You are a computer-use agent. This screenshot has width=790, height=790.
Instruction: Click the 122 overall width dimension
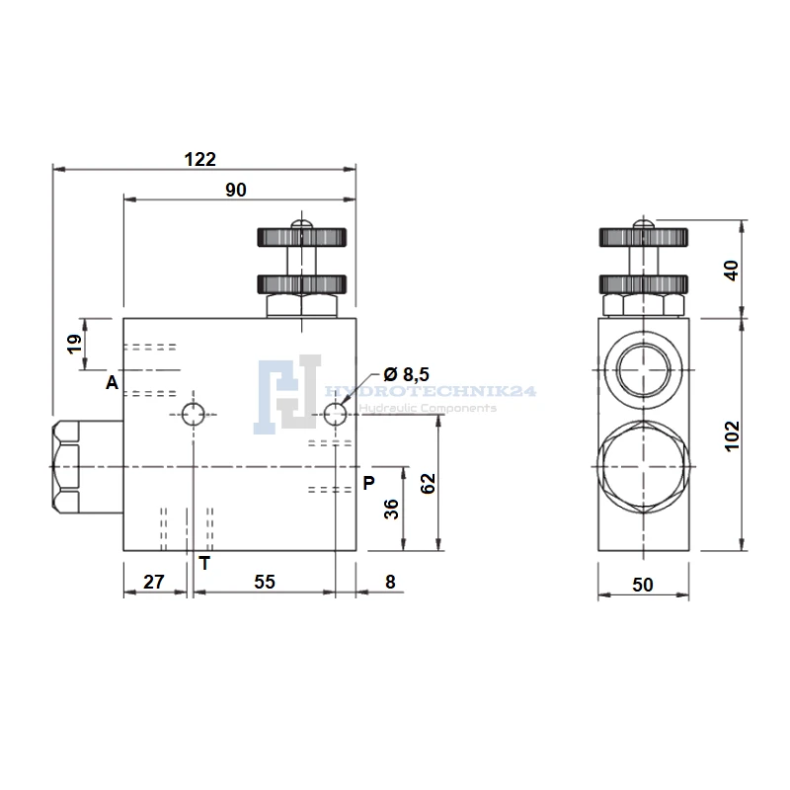200,159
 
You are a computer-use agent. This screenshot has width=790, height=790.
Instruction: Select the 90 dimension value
236,190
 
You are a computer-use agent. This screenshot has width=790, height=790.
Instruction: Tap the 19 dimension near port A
75,344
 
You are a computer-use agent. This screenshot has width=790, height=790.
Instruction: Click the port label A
112,383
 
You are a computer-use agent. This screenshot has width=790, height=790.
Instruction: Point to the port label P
368,483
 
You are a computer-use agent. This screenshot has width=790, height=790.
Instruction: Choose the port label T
204,563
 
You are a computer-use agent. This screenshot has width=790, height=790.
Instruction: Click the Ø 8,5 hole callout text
406,374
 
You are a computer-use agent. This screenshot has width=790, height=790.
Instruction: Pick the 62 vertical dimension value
428,484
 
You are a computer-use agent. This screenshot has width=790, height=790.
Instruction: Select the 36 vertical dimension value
391,509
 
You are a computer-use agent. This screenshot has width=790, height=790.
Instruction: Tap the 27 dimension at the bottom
154,582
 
